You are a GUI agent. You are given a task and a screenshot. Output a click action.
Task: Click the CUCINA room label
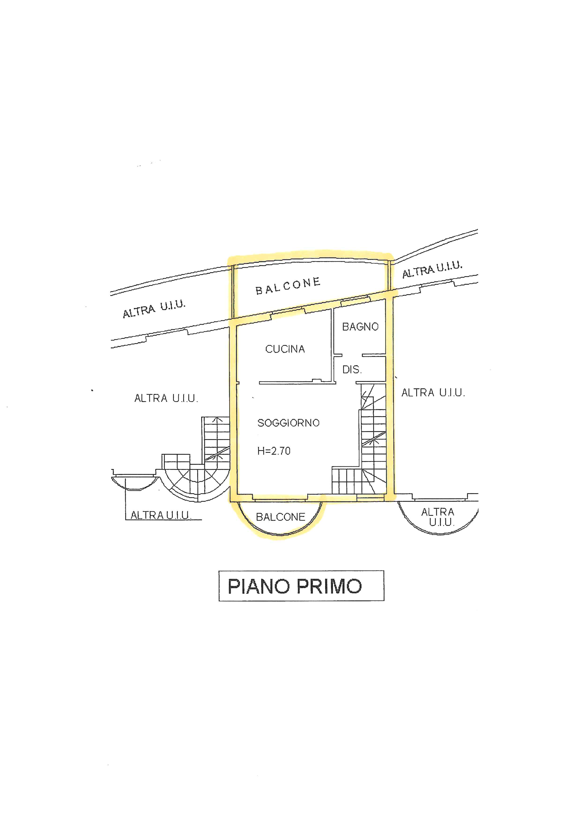click(285, 349)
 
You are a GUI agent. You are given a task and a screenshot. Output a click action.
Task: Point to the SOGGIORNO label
click(288, 423)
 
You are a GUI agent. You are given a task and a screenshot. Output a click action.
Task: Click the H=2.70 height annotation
click(274, 451)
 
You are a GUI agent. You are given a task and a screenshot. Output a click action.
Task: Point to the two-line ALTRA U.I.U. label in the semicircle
click(438, 517)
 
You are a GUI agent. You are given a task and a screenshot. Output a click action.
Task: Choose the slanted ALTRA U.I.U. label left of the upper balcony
click(154, 309)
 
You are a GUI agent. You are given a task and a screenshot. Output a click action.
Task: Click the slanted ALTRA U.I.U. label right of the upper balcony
click(432, 270)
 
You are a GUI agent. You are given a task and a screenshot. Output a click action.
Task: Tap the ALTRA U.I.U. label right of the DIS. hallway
click(433, 393)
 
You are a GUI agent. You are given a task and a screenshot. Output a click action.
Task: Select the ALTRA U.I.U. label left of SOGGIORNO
click(166, 398)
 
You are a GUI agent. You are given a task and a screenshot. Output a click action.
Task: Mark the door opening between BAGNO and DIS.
click(352, 355)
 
